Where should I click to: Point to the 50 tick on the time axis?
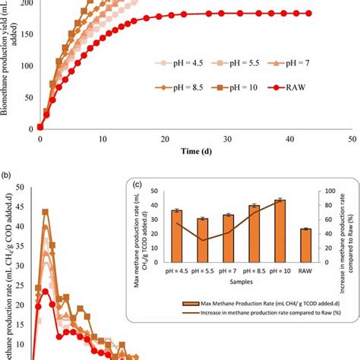coord(352,139)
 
